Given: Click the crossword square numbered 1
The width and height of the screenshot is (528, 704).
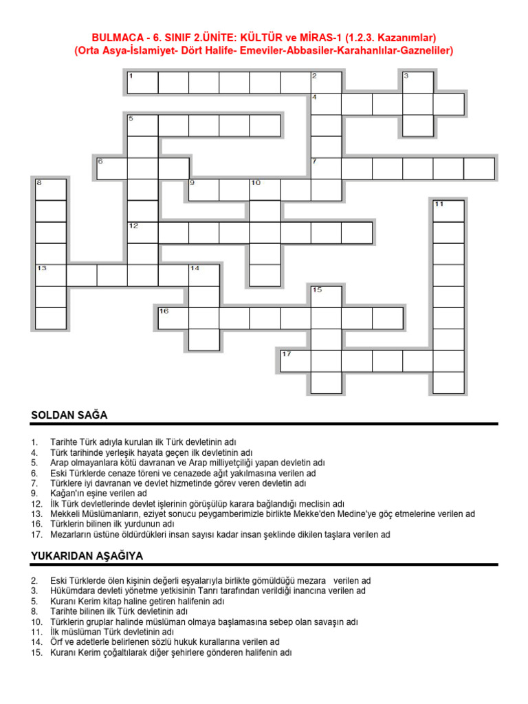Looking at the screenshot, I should click(x=143, y=82).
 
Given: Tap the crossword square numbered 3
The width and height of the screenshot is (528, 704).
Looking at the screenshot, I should click(x=418, y=82).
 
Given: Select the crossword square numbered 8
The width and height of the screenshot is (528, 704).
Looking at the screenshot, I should click(x=51, y=190).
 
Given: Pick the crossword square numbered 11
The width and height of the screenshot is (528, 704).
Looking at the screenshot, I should click(x=448, y=211).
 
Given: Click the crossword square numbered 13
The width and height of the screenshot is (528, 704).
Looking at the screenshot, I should click(x=51, y=275).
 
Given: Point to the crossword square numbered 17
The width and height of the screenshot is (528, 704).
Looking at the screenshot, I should click(x=296, y=361).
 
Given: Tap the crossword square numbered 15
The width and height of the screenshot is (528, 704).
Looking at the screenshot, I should click(x=326, y=296).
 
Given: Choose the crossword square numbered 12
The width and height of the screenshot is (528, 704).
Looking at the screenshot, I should click(x=143, y=232).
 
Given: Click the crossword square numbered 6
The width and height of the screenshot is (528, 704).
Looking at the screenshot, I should click(x=112, y=168).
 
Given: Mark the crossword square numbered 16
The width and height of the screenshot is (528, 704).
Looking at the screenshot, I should click(x=173, y=318).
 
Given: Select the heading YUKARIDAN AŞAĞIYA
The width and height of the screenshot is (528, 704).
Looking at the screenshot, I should click(x=87, y=555).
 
